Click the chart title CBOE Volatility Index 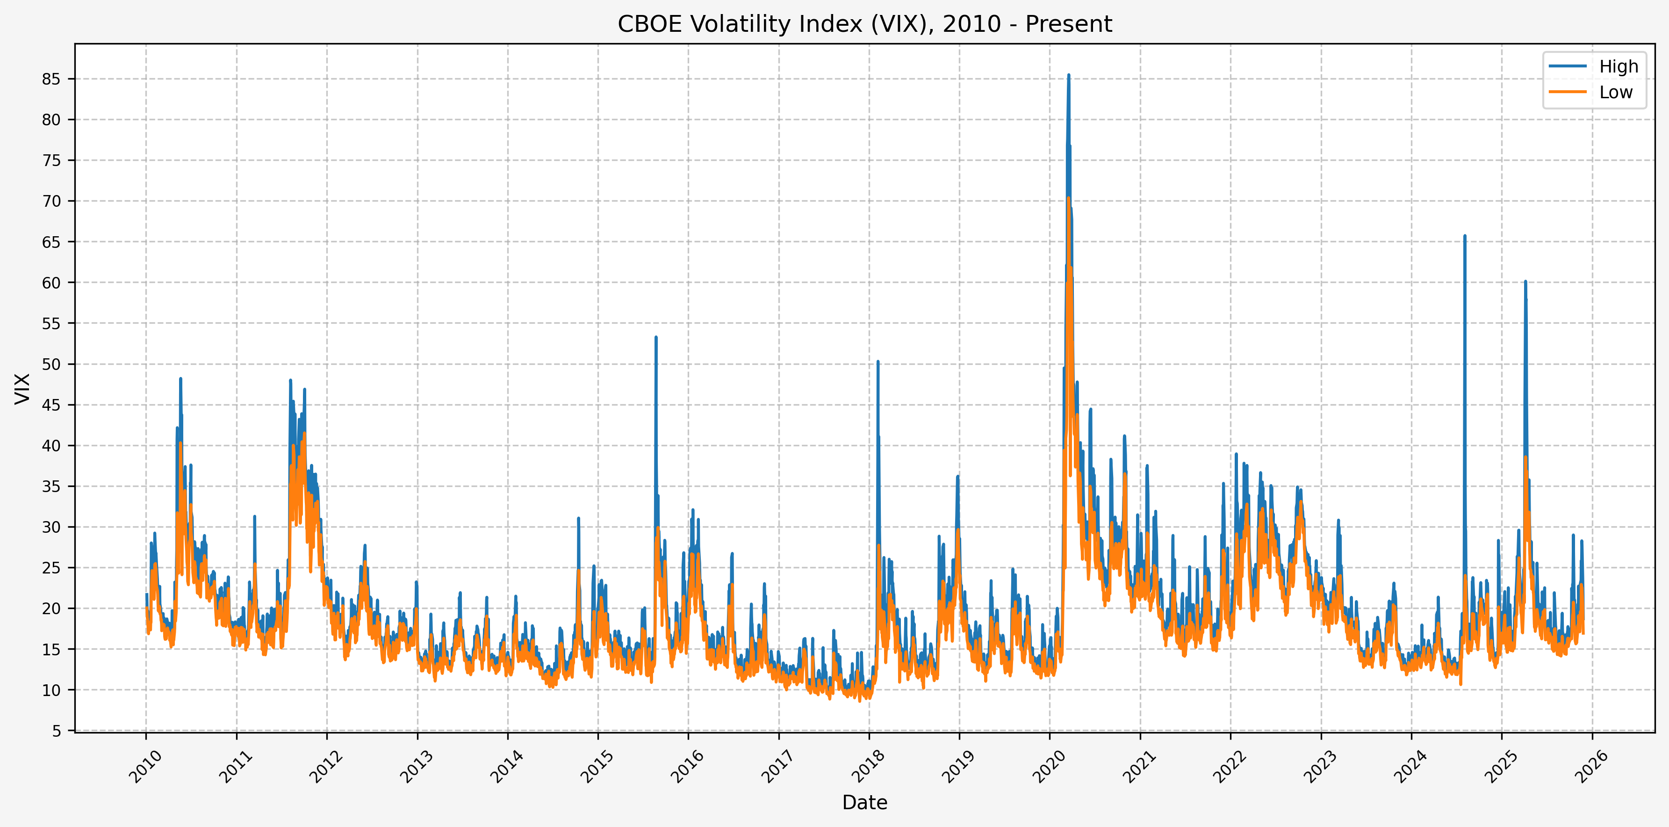click(x=864, y=24)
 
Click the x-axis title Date click(x=864, y=802)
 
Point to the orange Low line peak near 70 click(x=1068, y=198)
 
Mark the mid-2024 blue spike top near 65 click(x=1465, y=236)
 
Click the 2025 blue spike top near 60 click(x=1525, y=281)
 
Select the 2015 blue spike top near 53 click(x=655, y=337)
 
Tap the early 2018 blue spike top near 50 click(x=878, y=362)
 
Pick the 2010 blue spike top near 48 click(x=181, y=378)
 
